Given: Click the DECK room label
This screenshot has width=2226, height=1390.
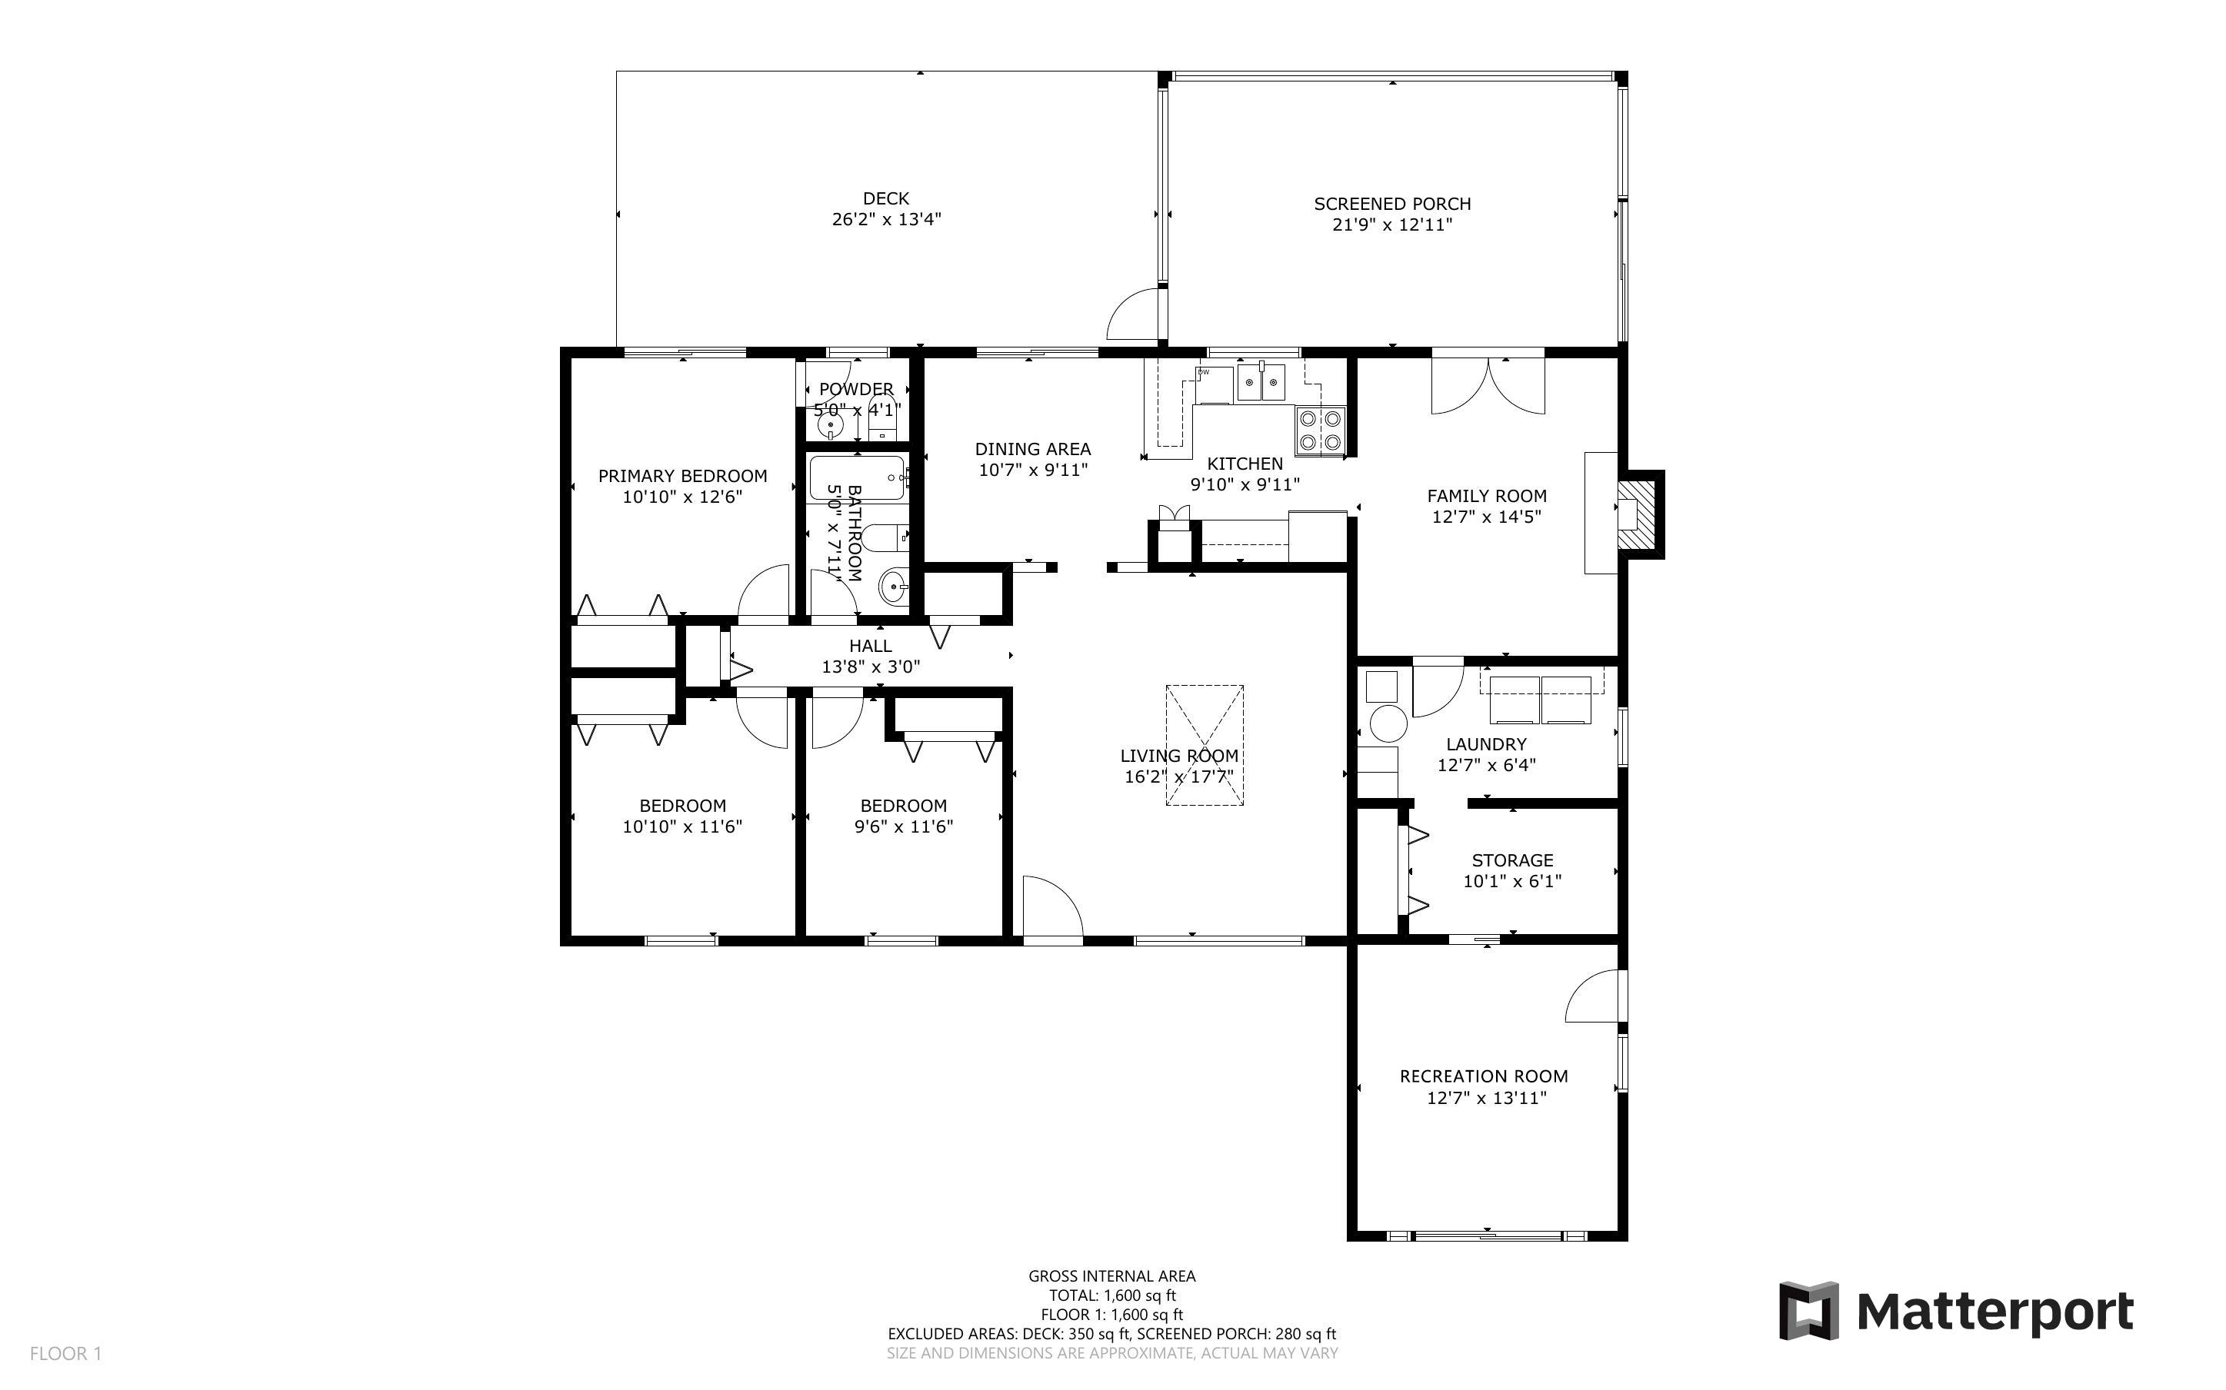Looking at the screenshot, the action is (x=885, y=198).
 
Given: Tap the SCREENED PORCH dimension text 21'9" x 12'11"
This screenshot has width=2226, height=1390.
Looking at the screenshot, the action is (x=1392, y=225).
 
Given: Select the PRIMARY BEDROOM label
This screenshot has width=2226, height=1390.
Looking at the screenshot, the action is (x=682, y=476).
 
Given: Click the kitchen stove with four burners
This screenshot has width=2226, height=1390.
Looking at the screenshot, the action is (x=1319, y=431).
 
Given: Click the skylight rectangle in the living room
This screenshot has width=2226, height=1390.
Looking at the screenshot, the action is (x=1205, y=745).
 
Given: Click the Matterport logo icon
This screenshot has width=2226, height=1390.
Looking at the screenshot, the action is (x=1808, y=1310).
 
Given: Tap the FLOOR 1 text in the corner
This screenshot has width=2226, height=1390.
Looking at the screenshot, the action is (x=65, y=1353).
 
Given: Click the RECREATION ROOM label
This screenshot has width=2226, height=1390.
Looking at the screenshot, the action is (x=1483, y=1076).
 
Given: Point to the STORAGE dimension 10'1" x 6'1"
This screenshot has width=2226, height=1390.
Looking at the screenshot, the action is (x=1511, y=881).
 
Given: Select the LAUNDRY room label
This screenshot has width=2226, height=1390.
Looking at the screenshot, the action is (x=1486, y=745).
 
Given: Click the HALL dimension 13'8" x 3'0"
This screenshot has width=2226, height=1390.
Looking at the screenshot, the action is (x=870, y=667).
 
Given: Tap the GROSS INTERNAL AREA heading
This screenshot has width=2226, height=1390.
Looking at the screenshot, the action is (x=1111, y=1276).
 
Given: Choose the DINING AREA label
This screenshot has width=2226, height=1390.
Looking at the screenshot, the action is (x=1032, y=450).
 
